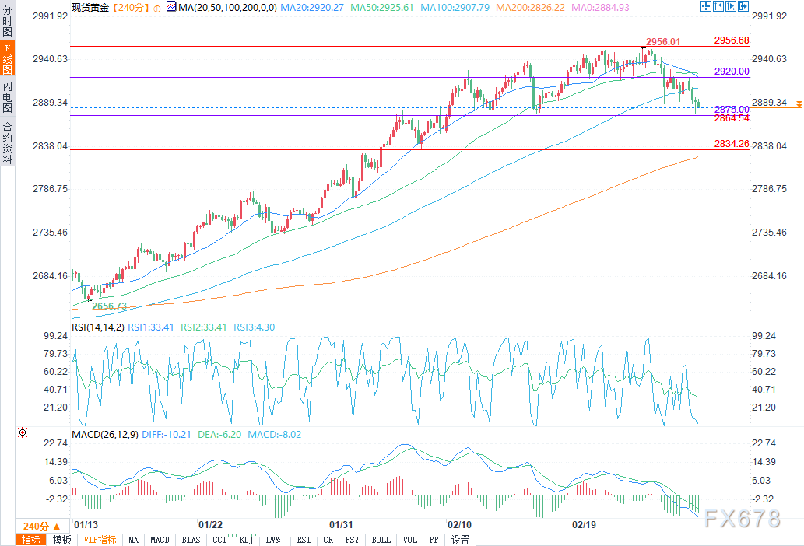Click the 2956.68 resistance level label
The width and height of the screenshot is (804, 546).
tap(731, 40)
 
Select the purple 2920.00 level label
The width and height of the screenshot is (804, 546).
tap(731, 71)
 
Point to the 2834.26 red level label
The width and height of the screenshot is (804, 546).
tap(731, 144)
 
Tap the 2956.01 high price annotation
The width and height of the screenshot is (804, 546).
tap(663, 42)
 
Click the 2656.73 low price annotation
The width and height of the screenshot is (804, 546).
tap(109, 306)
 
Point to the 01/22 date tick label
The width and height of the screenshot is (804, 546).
tap(212, 524)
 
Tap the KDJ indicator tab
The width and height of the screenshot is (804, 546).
tap(246, 540)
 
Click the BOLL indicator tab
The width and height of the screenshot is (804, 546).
tap(381, 540)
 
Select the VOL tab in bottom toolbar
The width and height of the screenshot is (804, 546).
tap(410, 540)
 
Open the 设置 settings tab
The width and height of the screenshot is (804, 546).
tap(460, 540)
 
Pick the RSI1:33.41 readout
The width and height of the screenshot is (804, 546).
tap(152, 327)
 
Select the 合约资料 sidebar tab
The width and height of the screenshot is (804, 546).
tap(7, 142)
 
